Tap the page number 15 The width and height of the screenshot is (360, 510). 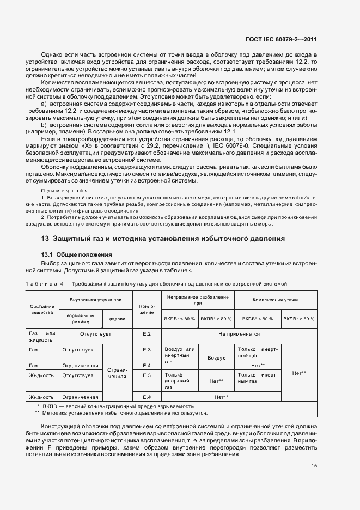click(314, 465)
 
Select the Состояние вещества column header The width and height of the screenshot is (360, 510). click(41, 310)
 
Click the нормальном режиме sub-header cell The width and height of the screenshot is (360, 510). click(81, 319)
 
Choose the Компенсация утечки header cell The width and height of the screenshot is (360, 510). click(276, 300)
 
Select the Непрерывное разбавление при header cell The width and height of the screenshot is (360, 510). click(198, 300)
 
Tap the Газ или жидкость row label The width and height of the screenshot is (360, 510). click(41, 336)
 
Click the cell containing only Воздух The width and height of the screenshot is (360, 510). click(216, 357)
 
